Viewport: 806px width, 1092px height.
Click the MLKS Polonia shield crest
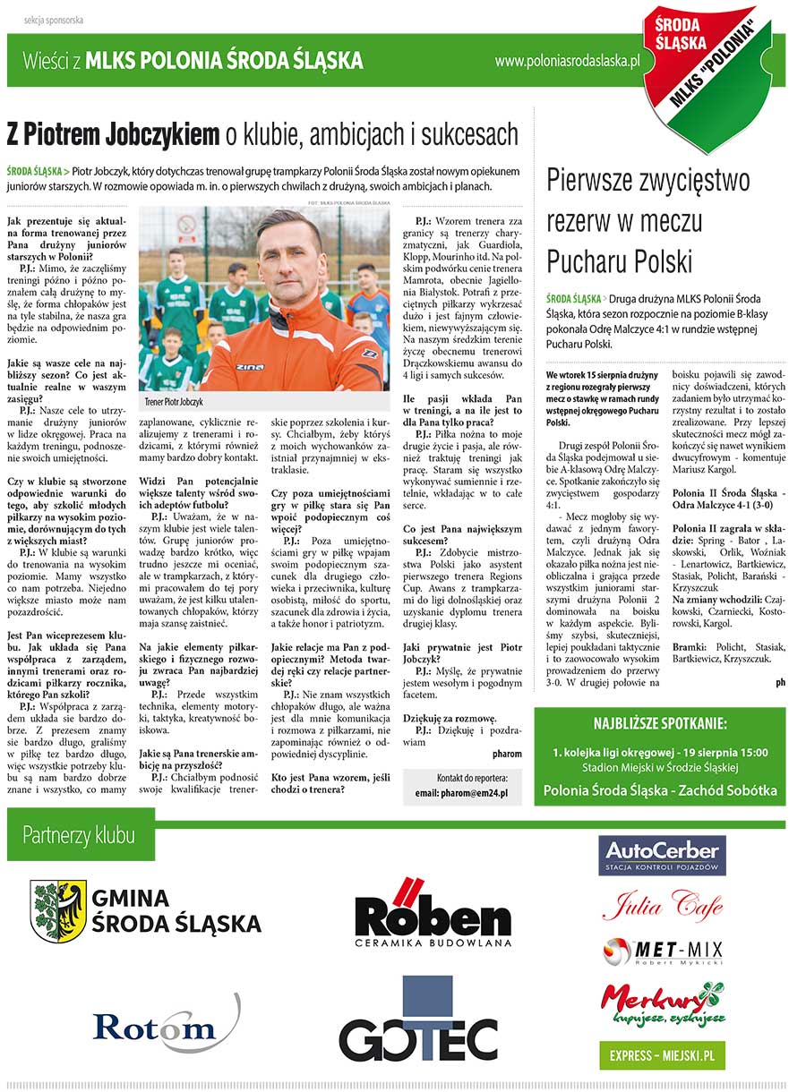[x=708, y=72]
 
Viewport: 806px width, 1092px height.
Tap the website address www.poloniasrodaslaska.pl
[x=568, y=61]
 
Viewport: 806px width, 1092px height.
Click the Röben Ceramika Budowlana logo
[x=433, y=912]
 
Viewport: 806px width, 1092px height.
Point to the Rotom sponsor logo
[x=165, y=1025]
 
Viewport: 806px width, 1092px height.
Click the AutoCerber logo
[x=662, y=855]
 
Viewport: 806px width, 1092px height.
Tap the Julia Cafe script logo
[x=662, y=906]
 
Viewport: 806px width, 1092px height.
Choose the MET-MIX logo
[x=662, y=951]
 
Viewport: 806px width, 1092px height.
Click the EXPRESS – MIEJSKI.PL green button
[x=662, y=1055]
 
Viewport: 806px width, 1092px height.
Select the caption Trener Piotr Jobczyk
[x=174, y=403]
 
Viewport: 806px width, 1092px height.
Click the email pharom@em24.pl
[x=461, y=793]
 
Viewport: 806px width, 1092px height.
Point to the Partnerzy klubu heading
[x=80, y=836]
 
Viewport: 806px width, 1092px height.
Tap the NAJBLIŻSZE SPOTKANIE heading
[x=660, y=724]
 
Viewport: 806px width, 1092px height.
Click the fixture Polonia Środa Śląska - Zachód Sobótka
[x=660, y=790]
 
